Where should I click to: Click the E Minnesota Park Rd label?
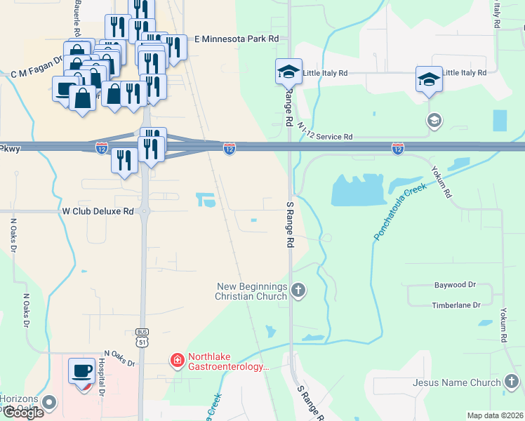click(x=237, y=39)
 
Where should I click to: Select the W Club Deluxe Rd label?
click(x=98, y=210)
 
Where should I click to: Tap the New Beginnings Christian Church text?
click(x=252, y=291)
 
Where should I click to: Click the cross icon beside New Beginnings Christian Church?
click(x=298, y=290)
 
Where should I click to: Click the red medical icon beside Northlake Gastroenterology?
click(x=178, y=361)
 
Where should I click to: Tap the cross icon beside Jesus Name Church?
click(x=512, y=382)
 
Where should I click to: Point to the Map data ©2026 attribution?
click(x=495, y=415)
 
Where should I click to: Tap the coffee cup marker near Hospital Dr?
click(x=82, y=370)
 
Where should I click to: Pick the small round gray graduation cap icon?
click(x=434, y=121)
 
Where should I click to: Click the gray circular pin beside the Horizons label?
click(x=48, y=403)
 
